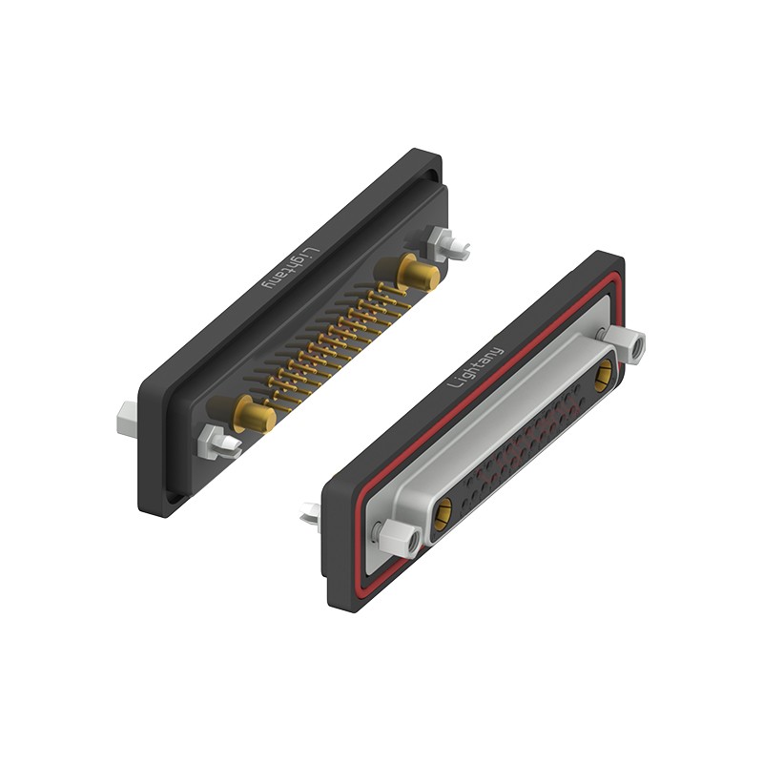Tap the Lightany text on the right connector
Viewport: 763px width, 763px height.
point(475,367)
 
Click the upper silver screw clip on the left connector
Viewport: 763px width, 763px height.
point(446,243)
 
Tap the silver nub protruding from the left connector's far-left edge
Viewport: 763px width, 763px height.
point(127,418)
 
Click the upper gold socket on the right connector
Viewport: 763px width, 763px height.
point(604,375)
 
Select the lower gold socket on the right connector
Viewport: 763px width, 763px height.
point(443,514)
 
